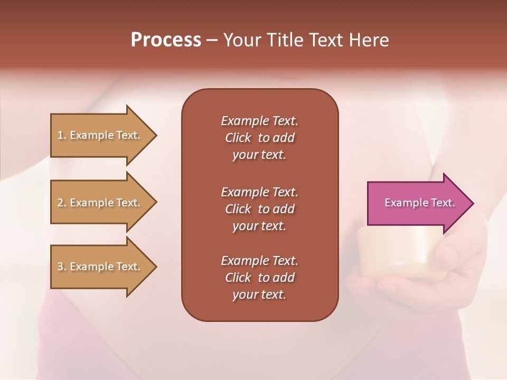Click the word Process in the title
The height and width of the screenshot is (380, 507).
coord(166,40)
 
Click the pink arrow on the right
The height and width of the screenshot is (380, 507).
coord(417,203)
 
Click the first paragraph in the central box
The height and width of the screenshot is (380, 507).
coord(259,138)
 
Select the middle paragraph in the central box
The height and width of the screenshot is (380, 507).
coord(259,209)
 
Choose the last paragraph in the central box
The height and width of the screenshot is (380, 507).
coord(259,278)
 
